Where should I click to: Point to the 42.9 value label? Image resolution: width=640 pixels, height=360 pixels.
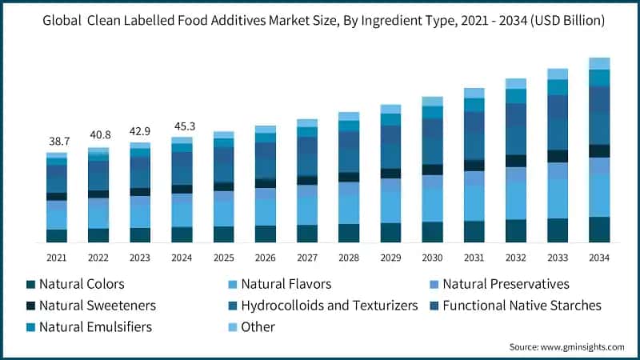(x=140, y=130)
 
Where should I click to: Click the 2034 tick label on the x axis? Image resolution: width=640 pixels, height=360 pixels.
(x=599, y=258)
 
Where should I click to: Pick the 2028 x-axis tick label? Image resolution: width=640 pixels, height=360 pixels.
(x=349, y=258)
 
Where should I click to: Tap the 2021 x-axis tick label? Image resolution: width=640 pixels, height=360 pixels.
(x=57, y=258)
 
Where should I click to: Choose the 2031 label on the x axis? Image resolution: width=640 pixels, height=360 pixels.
(x=474, y=258)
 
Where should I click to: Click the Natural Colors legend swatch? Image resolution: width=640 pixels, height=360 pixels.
(x=30, y=284)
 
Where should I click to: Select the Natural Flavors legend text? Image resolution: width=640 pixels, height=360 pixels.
(x=286, y=284)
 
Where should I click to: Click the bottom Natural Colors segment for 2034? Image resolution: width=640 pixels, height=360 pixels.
(x=599, y=229)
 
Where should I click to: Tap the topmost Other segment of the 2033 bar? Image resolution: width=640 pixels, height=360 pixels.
(x=558, y=74)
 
